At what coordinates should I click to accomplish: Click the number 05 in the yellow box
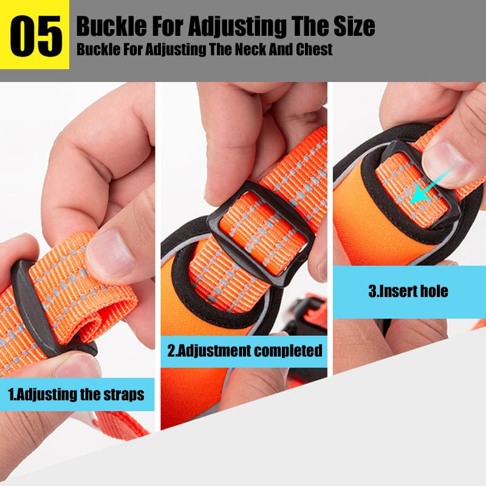pos(36,36)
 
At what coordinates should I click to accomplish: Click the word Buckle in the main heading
pos(112,26)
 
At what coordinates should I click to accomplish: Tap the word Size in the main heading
pos(354,26)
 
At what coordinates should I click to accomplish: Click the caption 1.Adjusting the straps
pos(77,394)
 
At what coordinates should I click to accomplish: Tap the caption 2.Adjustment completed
pos(245,351)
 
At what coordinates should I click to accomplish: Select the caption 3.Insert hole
pos(408,291)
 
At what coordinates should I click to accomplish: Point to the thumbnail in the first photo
pos(111,253)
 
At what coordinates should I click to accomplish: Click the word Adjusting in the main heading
pos(237,27)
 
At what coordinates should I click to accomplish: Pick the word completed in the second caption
pos(288,351)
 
